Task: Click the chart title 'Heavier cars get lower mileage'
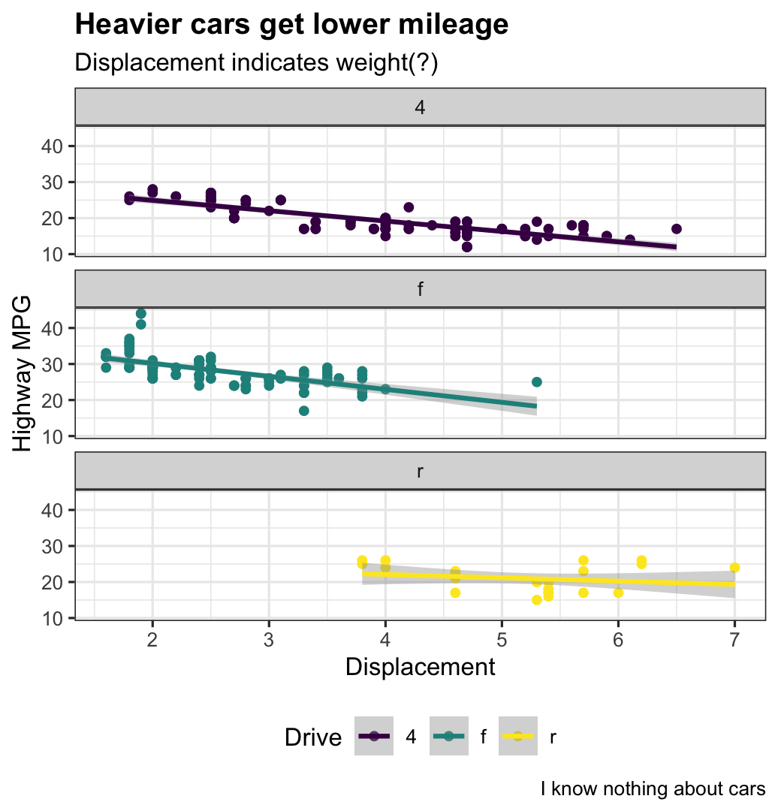point(291,26)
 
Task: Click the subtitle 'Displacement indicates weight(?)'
point(256,64)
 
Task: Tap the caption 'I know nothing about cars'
point(653,789)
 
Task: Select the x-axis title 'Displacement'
point(420,667)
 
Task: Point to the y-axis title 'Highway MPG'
point(23,373)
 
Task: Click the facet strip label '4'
point(420,107)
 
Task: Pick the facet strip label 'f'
point(420,289)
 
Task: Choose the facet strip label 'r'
point(420,472)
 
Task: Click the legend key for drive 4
point(373,737)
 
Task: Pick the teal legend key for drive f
point(448,737)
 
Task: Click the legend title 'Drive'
point(313,738)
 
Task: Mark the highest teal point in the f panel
point(141,313)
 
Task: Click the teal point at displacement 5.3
point(536,382)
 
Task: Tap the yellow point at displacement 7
point(734,568)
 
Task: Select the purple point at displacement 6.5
point(677,229)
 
